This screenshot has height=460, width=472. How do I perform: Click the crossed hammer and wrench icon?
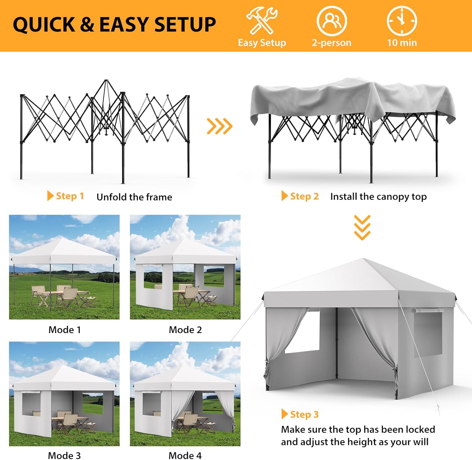pos(261,21)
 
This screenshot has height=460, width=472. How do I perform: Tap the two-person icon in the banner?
pos(331,21)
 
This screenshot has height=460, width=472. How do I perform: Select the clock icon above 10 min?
pos(402,21)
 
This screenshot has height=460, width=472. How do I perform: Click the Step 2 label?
pos(300,196)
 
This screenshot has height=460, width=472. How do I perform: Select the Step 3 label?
pos(300,414)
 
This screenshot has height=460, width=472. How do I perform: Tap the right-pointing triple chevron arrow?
pos(219,126)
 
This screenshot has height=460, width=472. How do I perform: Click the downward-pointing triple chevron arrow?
pos(362,228)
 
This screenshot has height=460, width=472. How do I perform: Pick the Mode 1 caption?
pos(65,330)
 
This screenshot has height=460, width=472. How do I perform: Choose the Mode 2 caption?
pos(185,330)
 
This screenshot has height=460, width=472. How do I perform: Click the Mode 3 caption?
pos(64,455)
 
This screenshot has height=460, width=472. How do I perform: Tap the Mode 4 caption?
pos(185,455)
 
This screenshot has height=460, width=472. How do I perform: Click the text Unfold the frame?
pos(134,197)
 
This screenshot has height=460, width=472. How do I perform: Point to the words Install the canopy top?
pos(378,197)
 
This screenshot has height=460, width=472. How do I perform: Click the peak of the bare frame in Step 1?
pos(106,81)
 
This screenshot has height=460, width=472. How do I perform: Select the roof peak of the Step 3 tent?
pos(364,260)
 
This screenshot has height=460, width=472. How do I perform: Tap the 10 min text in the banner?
pos(402,43)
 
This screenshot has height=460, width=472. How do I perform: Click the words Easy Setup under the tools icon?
pos(262,43)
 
